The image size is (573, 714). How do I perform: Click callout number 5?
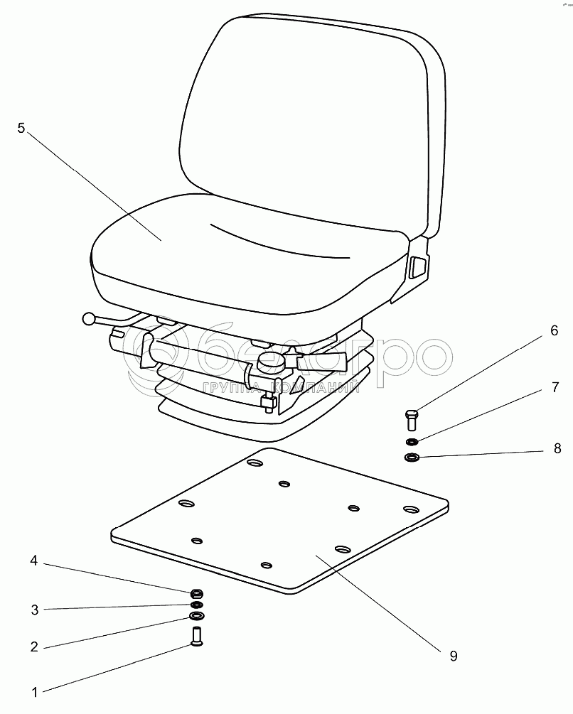(21, 129)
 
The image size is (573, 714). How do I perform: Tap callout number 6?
(554, 330)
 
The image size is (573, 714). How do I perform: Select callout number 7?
(555, 387)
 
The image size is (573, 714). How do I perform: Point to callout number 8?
(557, 448)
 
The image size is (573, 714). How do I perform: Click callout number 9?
(453, 656)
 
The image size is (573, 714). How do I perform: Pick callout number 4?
(33, 561)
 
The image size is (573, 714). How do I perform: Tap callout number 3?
(35, 610)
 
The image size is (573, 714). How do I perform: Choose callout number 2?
(34, 647)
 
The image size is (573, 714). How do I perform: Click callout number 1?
(35, 693)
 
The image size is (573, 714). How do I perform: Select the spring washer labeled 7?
(412, 441)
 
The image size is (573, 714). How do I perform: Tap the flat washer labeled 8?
(412, 456)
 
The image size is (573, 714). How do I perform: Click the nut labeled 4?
(196, 594)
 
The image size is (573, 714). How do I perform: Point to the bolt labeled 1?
(196, 637)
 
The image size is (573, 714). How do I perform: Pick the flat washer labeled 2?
(196, 617)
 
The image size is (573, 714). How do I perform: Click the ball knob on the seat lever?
(89, 319)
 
